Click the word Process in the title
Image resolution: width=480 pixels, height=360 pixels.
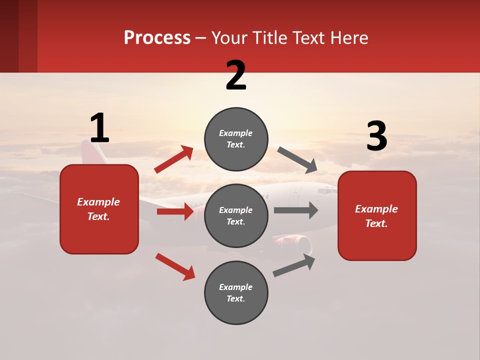pyautogui.click(x=157, y=38)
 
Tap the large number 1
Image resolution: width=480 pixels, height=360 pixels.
pyautogui.click(x=99, y=128)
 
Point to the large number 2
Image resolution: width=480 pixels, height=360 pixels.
pyautogui.click(x=236, y=75)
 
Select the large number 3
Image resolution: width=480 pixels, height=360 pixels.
pyautogui.click(x=376, y=136)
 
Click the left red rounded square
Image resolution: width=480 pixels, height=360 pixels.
pyautogui.click(x=99, y=209)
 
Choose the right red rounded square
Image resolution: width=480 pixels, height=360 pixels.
pyautogui.click(x=377, y=215)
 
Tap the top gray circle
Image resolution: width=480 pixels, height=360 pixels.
pyautogui.click(x=236, y=138)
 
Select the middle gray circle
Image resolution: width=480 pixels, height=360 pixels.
pyautogui.click(x=236, y=215)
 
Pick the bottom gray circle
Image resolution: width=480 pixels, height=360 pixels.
pyautogui.click(x=236, y=292)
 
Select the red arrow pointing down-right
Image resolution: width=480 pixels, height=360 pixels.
pyautogui.click(x=175, y=266)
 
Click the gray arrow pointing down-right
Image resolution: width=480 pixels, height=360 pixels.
pyautogui.click(x=297, y=160)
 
